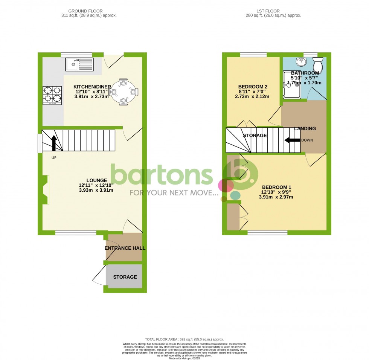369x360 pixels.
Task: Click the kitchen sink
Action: click(79, 64)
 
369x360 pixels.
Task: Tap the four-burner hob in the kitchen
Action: click(52, 95)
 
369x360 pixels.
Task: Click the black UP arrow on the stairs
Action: click(53, 143)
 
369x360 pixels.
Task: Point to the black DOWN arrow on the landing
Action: click(292, 140)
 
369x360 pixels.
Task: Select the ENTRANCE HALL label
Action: click(125, 248)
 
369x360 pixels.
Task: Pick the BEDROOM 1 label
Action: click(276, 187)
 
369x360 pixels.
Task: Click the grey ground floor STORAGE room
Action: click(125, 277)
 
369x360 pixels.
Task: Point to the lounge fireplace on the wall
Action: click(45, 190)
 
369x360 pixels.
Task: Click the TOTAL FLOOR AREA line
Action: click(184, 339)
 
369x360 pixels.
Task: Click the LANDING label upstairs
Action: click(305, 129)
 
